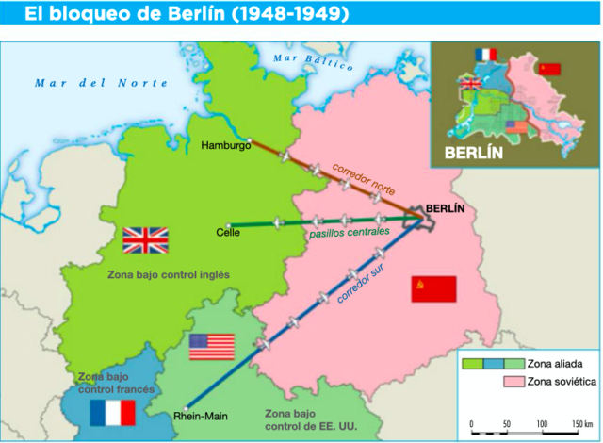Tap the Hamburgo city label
coord(225,145)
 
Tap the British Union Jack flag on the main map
coord(145,241)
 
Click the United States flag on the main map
coord(211,346)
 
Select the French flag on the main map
coord(112,412)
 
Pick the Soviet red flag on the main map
coord(433,288)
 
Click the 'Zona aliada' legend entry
coord(550,363)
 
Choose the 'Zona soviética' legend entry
coord(557,382)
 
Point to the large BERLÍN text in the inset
coord(473,152)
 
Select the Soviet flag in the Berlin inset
coord(549,69)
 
